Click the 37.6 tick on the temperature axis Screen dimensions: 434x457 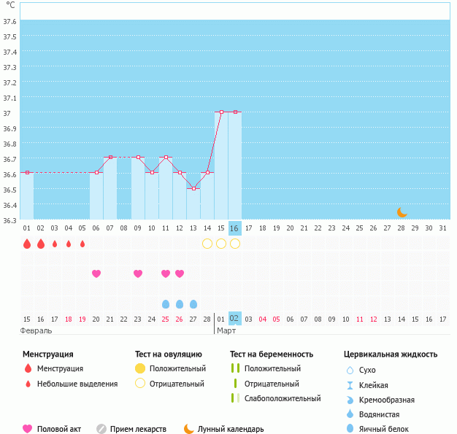pos(9,22)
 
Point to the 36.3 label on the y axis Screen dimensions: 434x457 pos(9,220)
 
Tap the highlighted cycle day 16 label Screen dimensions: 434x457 pos(234,228)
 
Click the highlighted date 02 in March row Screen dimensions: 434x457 pos(234,319)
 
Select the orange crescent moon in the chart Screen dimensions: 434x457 pos(402,212)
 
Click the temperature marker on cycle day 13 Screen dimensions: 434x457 pos(193,188)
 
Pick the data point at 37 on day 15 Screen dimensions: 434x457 pos(221,112)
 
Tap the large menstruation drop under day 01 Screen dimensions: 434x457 pos(27,244)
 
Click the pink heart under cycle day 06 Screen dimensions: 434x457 pos(96,274)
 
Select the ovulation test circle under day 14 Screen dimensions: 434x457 pos(207,244)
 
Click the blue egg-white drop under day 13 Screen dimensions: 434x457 pos(193,303)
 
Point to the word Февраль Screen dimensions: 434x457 pos(36,330)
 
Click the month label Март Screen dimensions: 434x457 pos(226,330)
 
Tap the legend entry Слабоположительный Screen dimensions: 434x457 pos(283,398)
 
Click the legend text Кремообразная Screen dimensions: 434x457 pos(387,400)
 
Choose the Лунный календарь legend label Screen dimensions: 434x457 pos(231,429)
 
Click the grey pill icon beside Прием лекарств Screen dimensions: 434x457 pos(101,429)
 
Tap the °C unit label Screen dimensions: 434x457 pos(10,6)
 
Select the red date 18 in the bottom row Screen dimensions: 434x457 pos(69,319)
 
